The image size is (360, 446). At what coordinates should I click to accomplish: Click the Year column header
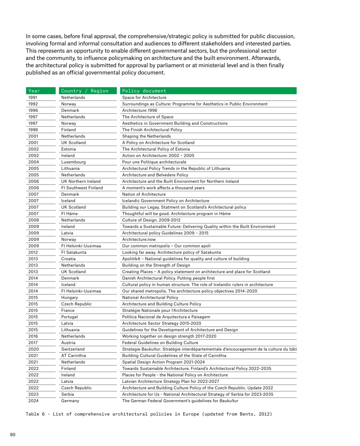(34, 91)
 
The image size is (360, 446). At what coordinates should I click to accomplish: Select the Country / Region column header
(85, 91)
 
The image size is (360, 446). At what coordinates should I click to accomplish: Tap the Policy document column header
(144, 91)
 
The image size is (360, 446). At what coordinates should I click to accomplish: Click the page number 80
(13, 434)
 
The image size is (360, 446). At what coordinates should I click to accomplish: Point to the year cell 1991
(33, 98)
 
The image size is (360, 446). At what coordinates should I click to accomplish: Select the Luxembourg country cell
(73, 162)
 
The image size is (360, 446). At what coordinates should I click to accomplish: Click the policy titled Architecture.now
(139, 240)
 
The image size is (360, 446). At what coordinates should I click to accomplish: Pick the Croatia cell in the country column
(68, 259)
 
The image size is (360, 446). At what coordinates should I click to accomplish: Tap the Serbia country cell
(68, 394)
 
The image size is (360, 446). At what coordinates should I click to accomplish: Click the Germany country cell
(70, 401)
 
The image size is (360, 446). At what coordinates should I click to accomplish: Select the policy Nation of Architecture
(144, 194)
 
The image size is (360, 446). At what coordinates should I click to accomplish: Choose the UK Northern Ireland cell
(81, 182)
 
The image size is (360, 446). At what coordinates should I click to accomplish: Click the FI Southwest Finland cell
(82, 188)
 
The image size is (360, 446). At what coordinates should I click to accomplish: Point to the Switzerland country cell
(73, 349)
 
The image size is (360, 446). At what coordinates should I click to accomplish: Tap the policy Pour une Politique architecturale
(154, 162)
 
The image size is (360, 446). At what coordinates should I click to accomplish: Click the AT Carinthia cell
(73, 356)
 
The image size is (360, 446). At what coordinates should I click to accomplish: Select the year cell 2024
(33, 401)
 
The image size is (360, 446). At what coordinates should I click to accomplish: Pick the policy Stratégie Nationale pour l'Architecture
(160, 310)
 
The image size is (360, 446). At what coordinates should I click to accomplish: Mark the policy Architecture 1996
(140, 110)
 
